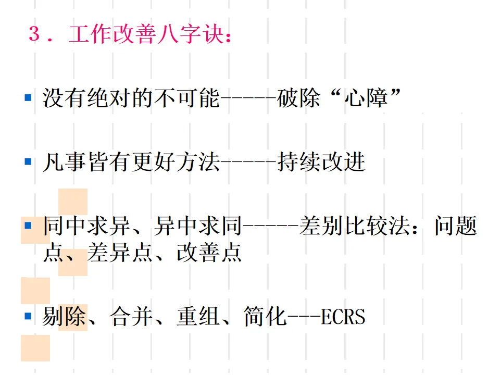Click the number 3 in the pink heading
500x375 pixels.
coord(34,34)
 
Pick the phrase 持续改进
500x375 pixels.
coord(321,162)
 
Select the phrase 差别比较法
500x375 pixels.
coord(355,227)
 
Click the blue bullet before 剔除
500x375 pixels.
coord(28,315)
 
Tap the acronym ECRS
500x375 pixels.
coord(343,316)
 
